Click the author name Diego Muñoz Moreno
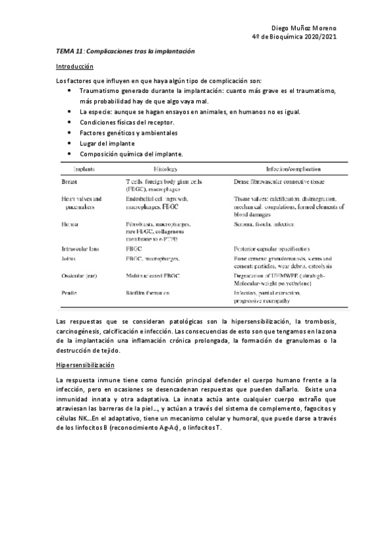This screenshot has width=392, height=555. [303, 29]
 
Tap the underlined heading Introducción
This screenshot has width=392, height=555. [75, 67]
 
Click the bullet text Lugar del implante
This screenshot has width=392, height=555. [107, 143]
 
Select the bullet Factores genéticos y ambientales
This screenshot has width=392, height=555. [128, 133]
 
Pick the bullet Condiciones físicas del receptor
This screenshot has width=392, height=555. [127, 122]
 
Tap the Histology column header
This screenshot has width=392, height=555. [149, 168]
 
